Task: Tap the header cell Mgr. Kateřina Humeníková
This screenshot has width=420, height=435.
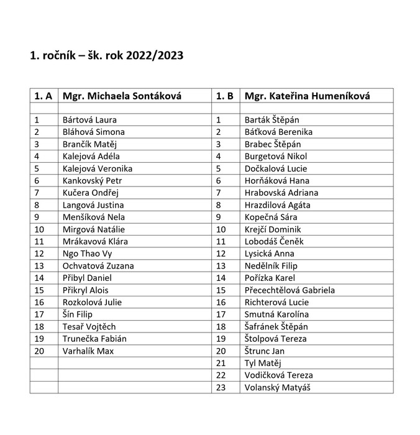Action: [x=308, y=96]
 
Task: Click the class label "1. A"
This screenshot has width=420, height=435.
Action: [x=43, y=96]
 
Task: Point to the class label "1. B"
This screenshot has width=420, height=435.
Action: [x=225, y=96]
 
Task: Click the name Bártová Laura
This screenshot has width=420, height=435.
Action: [x=89, y=120]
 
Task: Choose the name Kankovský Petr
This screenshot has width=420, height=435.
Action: [x=92, y=181]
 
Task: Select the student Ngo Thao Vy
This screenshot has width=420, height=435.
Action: [x=88, y=254]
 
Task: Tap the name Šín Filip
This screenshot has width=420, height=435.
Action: [x=78, y=314]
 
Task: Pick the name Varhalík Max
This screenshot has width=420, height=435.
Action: [x=88, y=351]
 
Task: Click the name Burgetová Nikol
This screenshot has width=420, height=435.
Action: [x=276, y=157]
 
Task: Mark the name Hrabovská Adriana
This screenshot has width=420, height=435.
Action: [x=281, y=193]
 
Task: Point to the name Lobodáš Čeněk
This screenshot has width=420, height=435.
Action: [x=274, y=242]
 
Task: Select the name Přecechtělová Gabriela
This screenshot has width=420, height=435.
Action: [x=290, y=290]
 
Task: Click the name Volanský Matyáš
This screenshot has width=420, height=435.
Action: [x=278, y=388]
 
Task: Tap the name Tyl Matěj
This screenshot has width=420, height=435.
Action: [x=263, y=363]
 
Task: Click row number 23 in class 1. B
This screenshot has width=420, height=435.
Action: [x=221, y=388]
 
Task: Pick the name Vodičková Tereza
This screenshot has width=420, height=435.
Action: [x=279, y=375]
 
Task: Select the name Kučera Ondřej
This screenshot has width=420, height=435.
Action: [x=90, y=193]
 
